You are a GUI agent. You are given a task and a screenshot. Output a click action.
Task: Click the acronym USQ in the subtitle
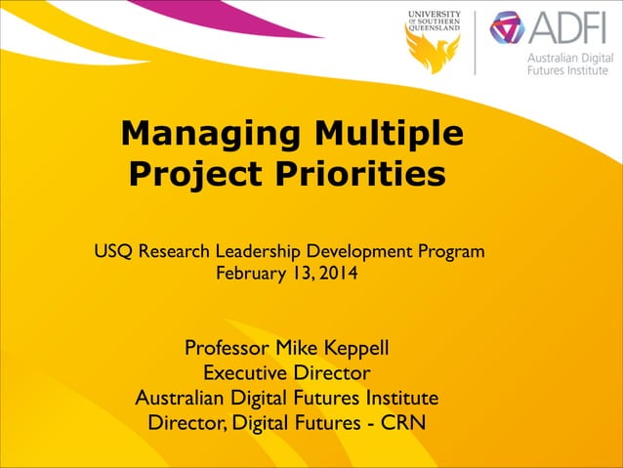(113, 252)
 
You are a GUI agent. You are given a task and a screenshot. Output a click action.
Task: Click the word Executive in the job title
(247, 373)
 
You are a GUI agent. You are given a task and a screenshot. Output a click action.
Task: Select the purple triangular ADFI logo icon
(507, 28)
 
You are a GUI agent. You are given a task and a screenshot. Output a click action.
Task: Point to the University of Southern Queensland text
(434, 20)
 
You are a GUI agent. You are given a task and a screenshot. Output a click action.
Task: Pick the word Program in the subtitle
(449, 252)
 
